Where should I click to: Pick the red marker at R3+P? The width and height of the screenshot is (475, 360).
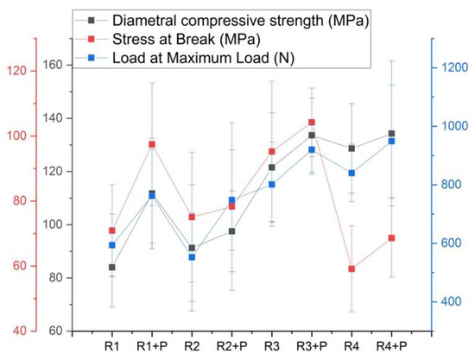(x=312, y=123)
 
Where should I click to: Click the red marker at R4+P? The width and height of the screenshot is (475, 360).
(x=391, y=237)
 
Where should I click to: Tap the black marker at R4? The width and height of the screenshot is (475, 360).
(x=351, y=148)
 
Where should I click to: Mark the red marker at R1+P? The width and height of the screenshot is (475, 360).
(x=152, y=144)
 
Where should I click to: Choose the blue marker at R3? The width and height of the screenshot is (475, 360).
(x=272, y=184)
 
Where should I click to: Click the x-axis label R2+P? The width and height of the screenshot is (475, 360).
(x=231, y=346)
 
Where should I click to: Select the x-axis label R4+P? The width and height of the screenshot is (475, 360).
(x=391, y=346)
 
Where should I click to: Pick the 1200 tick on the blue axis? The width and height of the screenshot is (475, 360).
(x=453, y=67)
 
